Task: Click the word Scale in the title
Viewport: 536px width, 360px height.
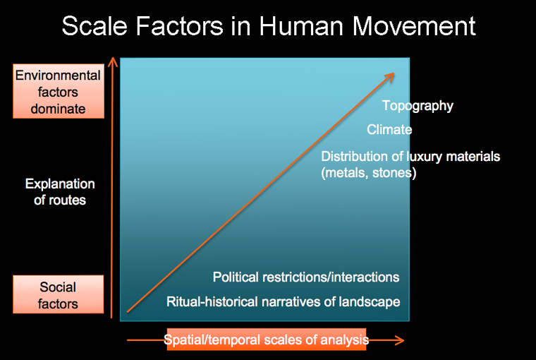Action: coord(95,26)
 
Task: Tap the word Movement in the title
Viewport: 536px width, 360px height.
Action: coord(413,26)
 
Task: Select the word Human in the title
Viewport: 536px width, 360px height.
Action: coord(301,26)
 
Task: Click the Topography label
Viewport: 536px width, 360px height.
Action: coord(418,106)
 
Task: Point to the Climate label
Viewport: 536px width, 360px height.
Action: coord(389,130)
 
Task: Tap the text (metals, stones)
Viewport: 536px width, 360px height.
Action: coord(368,173)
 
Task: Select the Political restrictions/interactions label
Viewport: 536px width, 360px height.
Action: coord(306,277)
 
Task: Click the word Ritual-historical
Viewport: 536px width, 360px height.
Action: coord(212,302)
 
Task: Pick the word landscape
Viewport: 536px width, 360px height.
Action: coord(370,302)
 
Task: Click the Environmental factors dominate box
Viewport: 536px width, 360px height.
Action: coord(59,91)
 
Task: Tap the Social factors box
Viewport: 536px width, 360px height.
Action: coord(58,294)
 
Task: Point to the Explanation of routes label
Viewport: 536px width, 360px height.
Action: coord(60,192)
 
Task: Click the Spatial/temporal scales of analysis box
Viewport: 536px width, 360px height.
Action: coord(267,340)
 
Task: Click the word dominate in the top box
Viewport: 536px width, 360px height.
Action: coord(58,109)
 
